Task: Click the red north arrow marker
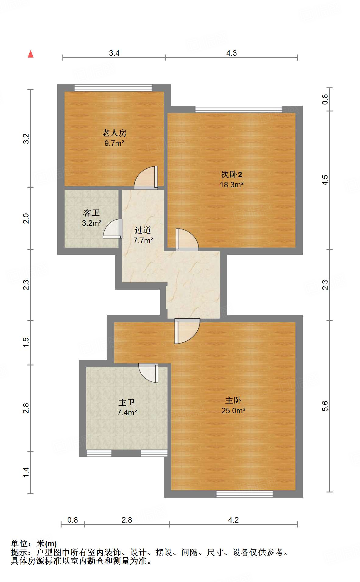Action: point(30,54)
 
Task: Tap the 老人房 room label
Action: point(114,133)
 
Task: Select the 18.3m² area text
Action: point(231,185)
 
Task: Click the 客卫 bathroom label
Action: point(91,213)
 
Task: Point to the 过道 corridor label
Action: point(143,230)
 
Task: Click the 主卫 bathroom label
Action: point(127,402)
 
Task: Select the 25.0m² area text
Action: point(233,411)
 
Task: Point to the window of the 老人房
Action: point(113,88)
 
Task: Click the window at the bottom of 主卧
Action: point(245,494)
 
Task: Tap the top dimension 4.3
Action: point(231,53)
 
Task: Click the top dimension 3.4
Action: point(114,53)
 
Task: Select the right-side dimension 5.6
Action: point(325,406)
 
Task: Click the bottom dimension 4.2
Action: point(233,520)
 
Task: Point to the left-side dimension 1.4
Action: point(26,472)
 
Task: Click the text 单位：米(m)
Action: point(34,543)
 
